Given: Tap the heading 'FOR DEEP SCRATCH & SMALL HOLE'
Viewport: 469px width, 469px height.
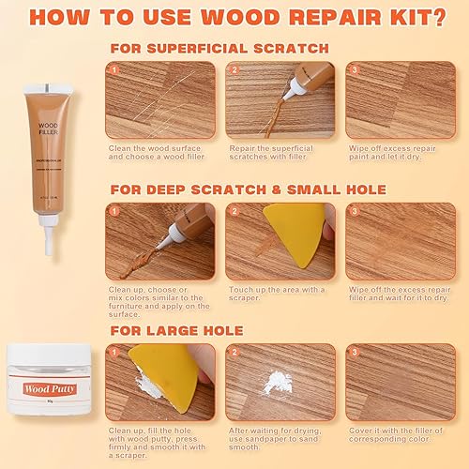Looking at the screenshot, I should tap(247, 189).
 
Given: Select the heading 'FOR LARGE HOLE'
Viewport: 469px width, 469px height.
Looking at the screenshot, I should tap(177, 330).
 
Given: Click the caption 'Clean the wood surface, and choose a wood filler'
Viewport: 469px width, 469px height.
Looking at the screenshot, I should tap(157, 153).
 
